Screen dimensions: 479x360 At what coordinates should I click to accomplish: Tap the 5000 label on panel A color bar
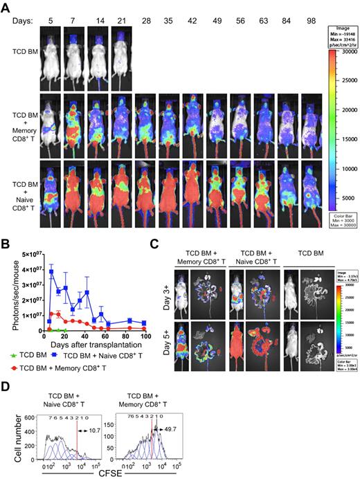pyautogui.click(x=346, y=198)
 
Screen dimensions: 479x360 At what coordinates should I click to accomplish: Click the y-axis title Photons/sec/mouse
pyautogui.click(x=8, y=284)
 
